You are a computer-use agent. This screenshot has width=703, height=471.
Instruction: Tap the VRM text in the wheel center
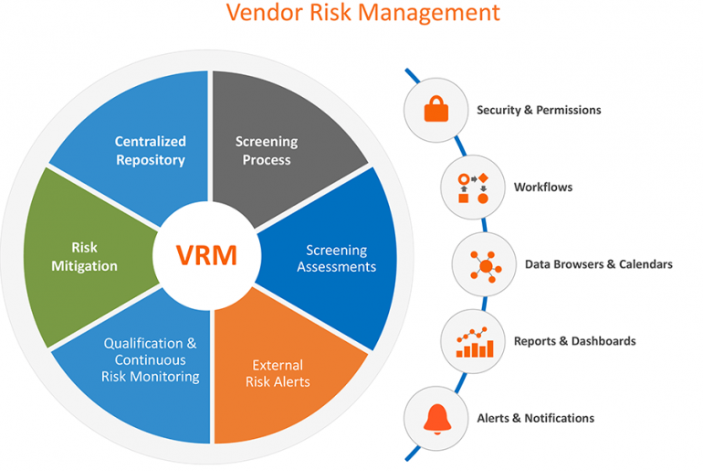click(208, 254)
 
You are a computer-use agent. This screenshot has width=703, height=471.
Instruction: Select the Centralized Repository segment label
click(150, 151)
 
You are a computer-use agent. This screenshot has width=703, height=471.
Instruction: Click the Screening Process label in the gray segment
click(267, 151)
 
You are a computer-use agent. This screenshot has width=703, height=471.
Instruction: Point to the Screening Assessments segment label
click(336, 259)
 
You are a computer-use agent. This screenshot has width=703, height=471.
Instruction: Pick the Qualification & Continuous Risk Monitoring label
click(150, 359)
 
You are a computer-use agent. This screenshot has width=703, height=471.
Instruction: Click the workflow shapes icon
click(473, 187)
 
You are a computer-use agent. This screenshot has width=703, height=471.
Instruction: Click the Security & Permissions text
click(539, 111)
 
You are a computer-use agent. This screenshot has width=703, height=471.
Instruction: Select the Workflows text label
click(543, 187)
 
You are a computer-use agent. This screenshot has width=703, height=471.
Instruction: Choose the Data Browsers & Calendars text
click(598, 264)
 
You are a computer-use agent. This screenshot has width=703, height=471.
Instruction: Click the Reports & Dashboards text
click(574, 341)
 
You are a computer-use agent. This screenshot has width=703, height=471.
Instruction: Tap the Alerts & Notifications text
click(535, 418)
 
